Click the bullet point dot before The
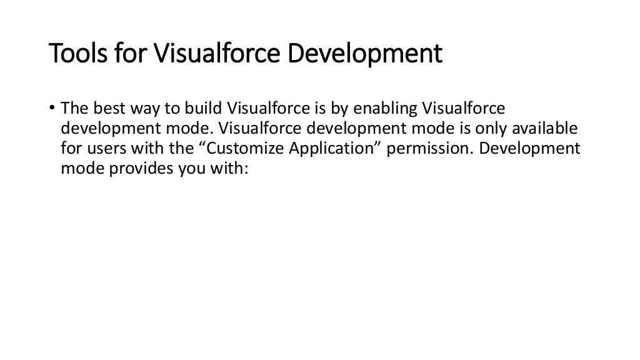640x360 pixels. [53, 109]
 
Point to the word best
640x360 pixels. [101, 109]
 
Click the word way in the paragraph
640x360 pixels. [137, 109]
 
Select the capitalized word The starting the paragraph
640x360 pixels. [72, 109]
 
